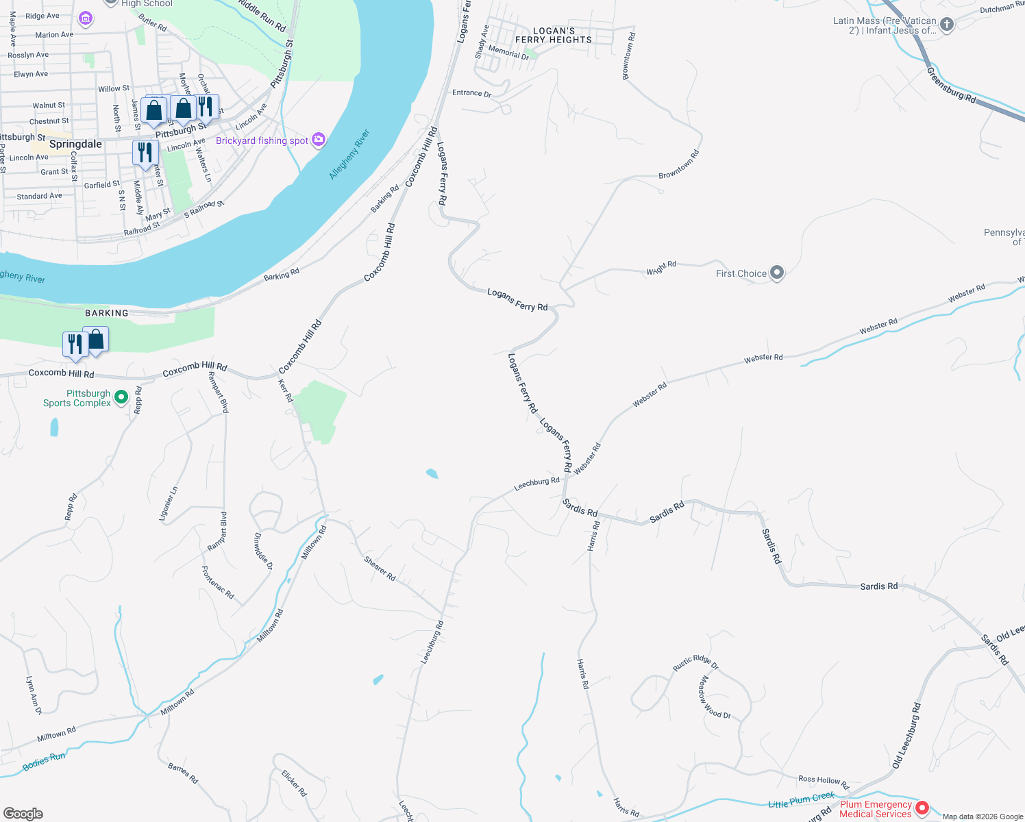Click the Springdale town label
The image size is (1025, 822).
pos(75,145)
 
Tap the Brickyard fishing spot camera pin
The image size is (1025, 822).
pos(319,140)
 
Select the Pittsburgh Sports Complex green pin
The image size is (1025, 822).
pos(121,397)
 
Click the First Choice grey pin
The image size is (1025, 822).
pos(777,273)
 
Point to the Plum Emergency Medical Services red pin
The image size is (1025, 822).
pos(922,808)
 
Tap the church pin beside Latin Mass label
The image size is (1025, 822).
pos(947,25)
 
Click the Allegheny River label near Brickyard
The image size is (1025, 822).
pos(349,154)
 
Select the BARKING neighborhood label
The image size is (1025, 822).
pos(107,313)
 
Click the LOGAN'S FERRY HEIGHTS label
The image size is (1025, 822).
pos(554,36)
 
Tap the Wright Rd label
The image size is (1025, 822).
pos(661,268)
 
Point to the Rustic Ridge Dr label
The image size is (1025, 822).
pos(695,662)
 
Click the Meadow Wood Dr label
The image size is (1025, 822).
pos(715,697)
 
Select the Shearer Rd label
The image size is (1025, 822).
pos(380,569)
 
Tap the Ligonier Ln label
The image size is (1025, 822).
pos(169,504)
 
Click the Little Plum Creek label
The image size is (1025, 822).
pos(801,800)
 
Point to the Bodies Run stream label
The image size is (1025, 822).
pos(44,761)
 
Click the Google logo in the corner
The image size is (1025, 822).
pos(23,814)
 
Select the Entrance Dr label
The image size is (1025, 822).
pos(471,93)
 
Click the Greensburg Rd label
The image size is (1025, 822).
pos(951,85)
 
